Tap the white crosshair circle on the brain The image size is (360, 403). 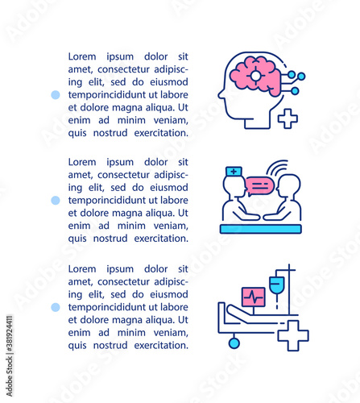point(255,76)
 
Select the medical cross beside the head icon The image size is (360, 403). point(288,118)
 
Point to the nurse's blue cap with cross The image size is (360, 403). point(234,171)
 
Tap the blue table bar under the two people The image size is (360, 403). point(261,229)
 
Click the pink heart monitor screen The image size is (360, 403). point(254,297)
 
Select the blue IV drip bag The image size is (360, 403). point(277,285)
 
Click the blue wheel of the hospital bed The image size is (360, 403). point(234,343)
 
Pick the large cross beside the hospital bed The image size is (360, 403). point(293,335)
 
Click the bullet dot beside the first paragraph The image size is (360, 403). point(56,94)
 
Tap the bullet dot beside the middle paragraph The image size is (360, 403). point(56,200)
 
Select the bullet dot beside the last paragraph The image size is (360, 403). point(56,307)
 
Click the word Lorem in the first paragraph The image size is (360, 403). point(82,56)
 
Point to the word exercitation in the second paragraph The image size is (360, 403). point(161,239)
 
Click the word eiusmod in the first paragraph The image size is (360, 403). point(169,82)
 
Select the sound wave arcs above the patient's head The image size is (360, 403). point(277,166)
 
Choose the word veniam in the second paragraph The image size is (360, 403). point(171,226)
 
